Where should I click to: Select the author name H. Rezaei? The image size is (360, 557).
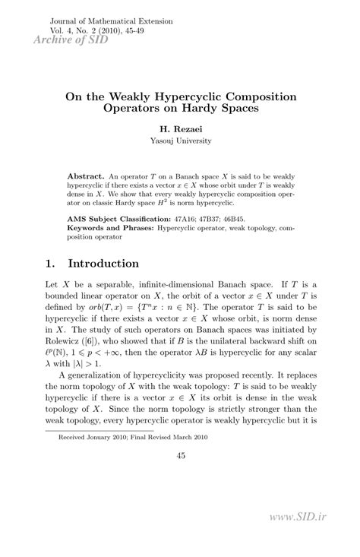click(x=180, y=130)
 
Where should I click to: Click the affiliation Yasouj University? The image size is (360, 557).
click(x=180, y=141)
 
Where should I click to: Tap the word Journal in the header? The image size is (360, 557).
click(x=64, y=21)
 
